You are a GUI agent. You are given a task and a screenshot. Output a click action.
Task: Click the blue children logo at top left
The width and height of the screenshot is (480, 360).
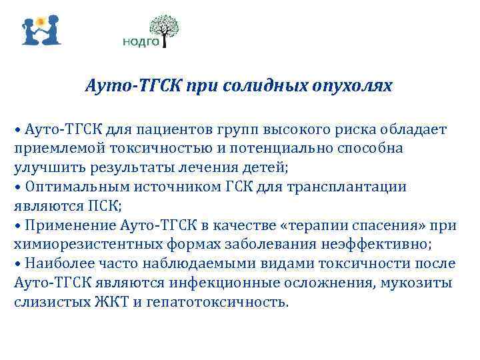pos(40,30)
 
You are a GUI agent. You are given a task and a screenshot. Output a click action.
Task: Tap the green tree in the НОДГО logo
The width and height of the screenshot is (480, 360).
pos(164,29)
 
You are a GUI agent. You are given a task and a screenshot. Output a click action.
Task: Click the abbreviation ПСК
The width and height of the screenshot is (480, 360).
pos(103,205)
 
